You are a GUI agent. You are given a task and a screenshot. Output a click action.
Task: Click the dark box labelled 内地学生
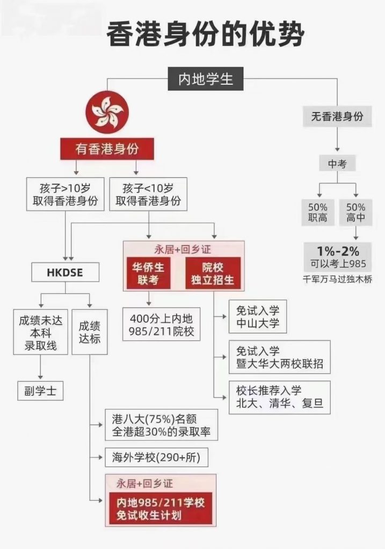[206, 79]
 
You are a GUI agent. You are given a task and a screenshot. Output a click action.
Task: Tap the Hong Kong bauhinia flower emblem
[107, 112]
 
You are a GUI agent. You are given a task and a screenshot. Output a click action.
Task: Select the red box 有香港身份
[107, 149]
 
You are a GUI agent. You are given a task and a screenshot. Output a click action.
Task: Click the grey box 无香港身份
[337, 116]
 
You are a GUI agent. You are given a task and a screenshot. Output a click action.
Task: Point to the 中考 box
[337, 164]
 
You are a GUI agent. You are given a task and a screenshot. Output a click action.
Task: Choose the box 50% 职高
[318, 212]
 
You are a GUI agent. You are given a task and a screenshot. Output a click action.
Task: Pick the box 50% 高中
[355, 212]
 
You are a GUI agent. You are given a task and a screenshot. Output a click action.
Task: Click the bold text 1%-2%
[338, 251]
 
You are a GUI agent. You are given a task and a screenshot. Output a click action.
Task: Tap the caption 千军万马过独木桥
[338, 279]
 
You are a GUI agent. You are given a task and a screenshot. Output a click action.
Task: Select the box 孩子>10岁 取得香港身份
[65, 194]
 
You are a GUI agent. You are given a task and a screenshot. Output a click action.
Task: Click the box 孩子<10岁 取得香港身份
[148, 194]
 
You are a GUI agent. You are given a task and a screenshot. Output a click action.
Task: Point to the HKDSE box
[65, 272]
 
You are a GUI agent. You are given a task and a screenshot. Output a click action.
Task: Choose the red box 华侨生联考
[148, 273]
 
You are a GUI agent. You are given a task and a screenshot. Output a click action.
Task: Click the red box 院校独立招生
[213, 273]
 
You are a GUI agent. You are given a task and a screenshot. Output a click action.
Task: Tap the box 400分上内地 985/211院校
[161, 324]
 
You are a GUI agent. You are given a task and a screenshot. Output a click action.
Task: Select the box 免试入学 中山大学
[258, 316]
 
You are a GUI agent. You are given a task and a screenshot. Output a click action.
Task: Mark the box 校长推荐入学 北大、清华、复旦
[280, 397]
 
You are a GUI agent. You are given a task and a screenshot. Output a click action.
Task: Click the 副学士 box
[40, 391]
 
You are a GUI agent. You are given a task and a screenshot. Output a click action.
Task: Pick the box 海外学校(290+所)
[156, 457]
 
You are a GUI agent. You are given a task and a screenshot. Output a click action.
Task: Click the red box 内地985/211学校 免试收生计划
[161, 509]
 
